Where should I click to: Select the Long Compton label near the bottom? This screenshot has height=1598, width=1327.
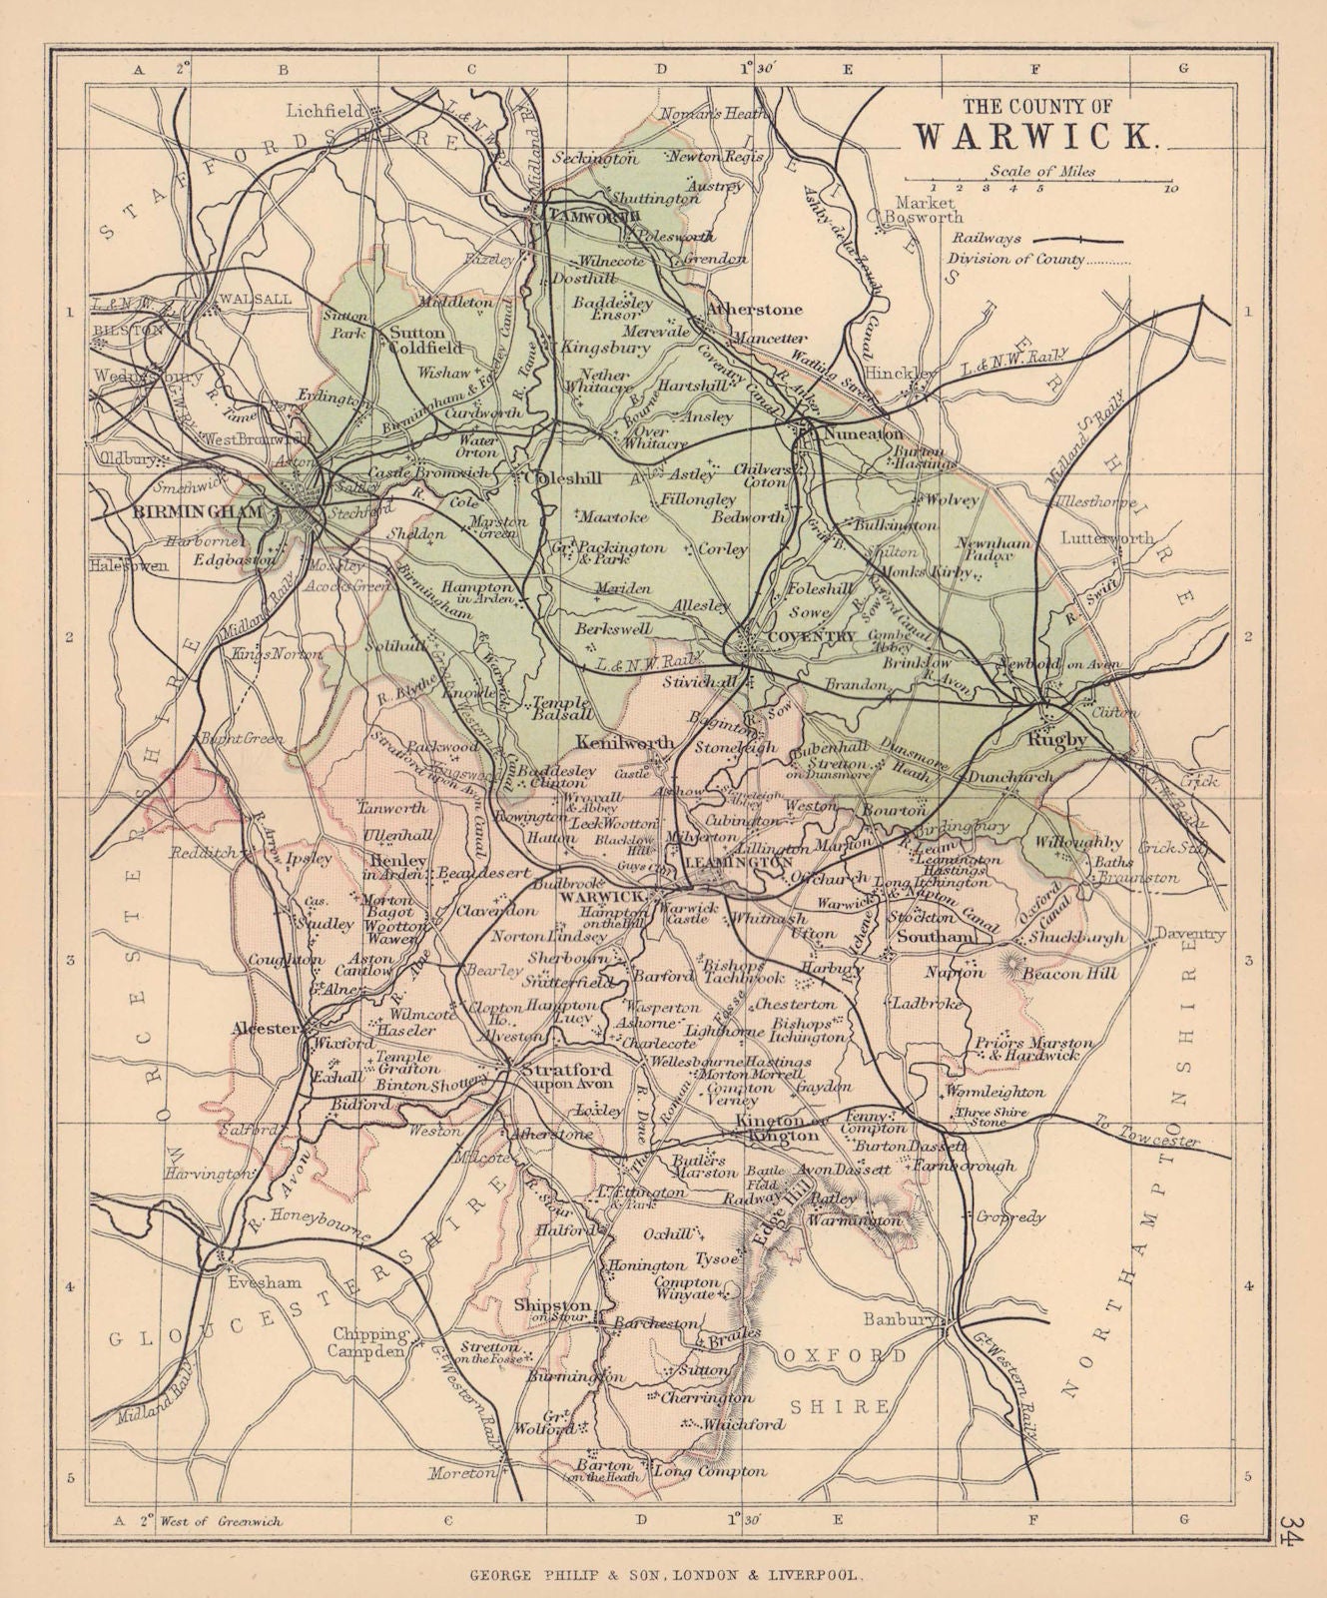tap(710, 1471)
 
